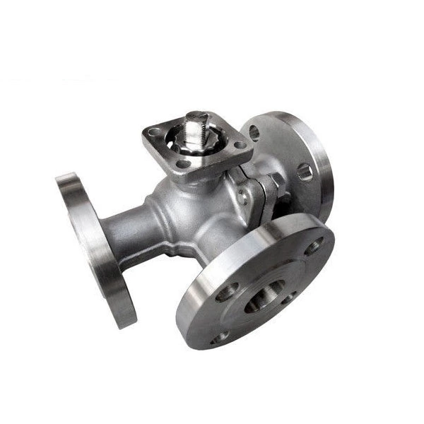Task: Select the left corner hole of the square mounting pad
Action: coord(153,134)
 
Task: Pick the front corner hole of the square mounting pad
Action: coord(185,164)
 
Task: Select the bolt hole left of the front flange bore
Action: coord(228,292)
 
